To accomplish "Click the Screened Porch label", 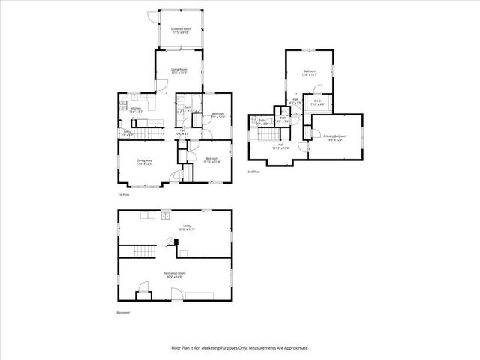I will coord(179,29).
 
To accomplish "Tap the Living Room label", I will coord(178,69).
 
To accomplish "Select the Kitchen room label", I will coord(136,109).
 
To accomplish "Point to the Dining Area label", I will coord(144,161).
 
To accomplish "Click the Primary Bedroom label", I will coord(334,137).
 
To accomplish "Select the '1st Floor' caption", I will coord(124,195).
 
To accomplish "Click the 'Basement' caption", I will coord(122,312).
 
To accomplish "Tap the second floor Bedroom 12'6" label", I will coord(310,73).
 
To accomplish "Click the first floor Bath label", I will coord(187,107).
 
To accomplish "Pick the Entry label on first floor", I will coord(127,132).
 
